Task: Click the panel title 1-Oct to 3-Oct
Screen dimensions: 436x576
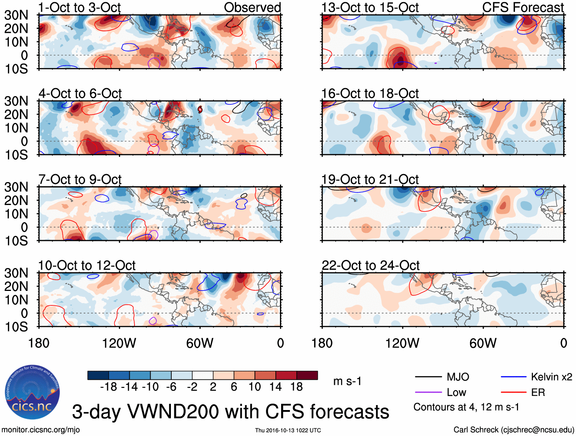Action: [x=79, y=7]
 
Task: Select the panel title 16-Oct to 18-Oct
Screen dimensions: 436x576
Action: [x=370, y=94]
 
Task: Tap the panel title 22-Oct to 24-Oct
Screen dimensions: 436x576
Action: [x=370, y=265]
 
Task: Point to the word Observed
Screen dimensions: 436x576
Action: [x=252, y=7]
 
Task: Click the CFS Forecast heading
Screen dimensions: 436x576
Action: [x=523, y=7]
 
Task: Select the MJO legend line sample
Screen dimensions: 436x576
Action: [x=428, y=377]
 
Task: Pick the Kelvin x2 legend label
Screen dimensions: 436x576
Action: [x=551, y=377]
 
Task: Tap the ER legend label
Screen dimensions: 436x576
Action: [x=538, y=392]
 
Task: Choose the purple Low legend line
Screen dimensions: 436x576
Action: [x=428, y=392]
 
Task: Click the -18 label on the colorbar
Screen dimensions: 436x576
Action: [x=108, y=387]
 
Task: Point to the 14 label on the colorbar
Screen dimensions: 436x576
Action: [x=275, y=387]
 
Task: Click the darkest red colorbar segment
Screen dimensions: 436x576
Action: [x=307, y=375]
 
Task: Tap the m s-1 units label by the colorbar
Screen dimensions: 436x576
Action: [x=347, y=381]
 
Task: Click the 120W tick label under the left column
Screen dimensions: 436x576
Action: [x=119, y=343]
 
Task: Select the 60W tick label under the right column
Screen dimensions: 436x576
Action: [x=483, y=343]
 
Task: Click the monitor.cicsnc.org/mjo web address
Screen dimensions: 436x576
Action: [x=41, y=430]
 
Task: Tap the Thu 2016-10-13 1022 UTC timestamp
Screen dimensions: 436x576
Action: [x=288, y=430]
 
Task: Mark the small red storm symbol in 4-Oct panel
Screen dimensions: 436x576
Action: [x=200, y=110]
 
